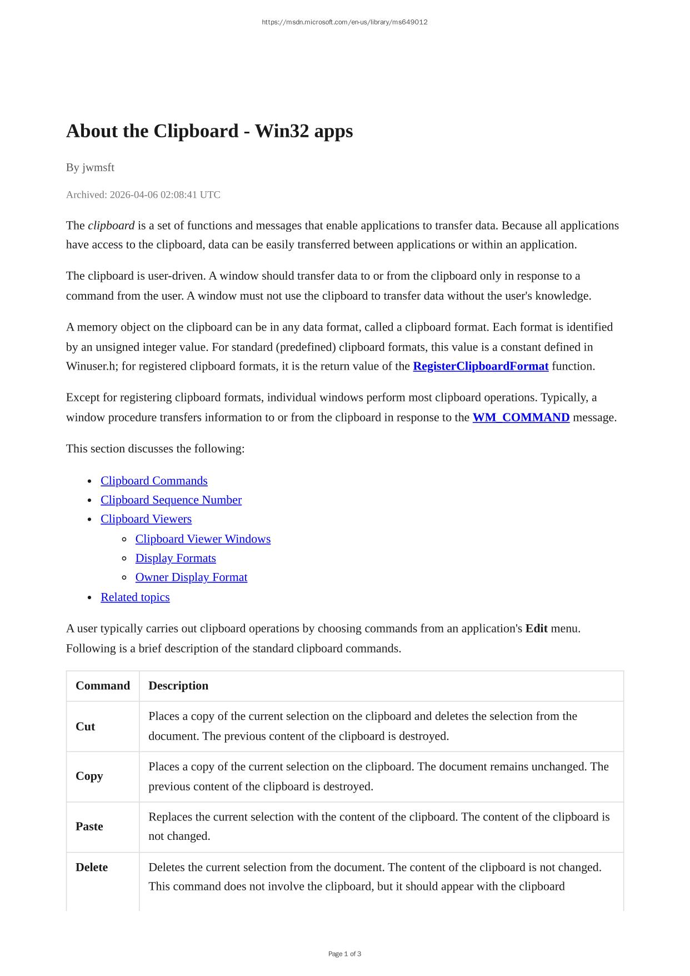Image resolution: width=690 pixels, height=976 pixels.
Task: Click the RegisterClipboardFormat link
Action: coord(481,366)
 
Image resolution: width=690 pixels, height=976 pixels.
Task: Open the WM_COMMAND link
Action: coord(521,417)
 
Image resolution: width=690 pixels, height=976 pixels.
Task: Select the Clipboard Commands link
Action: coord(154,481)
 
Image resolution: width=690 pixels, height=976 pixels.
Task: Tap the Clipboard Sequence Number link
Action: coord(171,500)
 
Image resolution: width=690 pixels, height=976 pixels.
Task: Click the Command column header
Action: coord(103,685)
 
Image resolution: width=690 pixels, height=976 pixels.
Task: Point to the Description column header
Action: coord(178,685)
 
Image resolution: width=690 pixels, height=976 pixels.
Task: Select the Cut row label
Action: coord(86,726)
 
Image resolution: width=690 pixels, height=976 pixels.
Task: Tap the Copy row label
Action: coord(89,776)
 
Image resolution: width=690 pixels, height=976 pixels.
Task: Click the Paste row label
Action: coord(89,826)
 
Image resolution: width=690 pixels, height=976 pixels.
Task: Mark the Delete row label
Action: coord(92,867)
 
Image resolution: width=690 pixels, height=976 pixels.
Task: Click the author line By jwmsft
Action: coord(90,167)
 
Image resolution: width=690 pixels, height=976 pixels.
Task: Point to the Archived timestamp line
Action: coord(143,195)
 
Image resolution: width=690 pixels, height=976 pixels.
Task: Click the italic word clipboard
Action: coord(111,225)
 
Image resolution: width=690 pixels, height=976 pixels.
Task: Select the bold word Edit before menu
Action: coord(536,629)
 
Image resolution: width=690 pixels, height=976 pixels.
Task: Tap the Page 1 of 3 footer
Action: coord(344,954)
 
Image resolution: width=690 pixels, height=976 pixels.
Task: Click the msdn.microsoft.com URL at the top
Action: coord(344,22)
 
